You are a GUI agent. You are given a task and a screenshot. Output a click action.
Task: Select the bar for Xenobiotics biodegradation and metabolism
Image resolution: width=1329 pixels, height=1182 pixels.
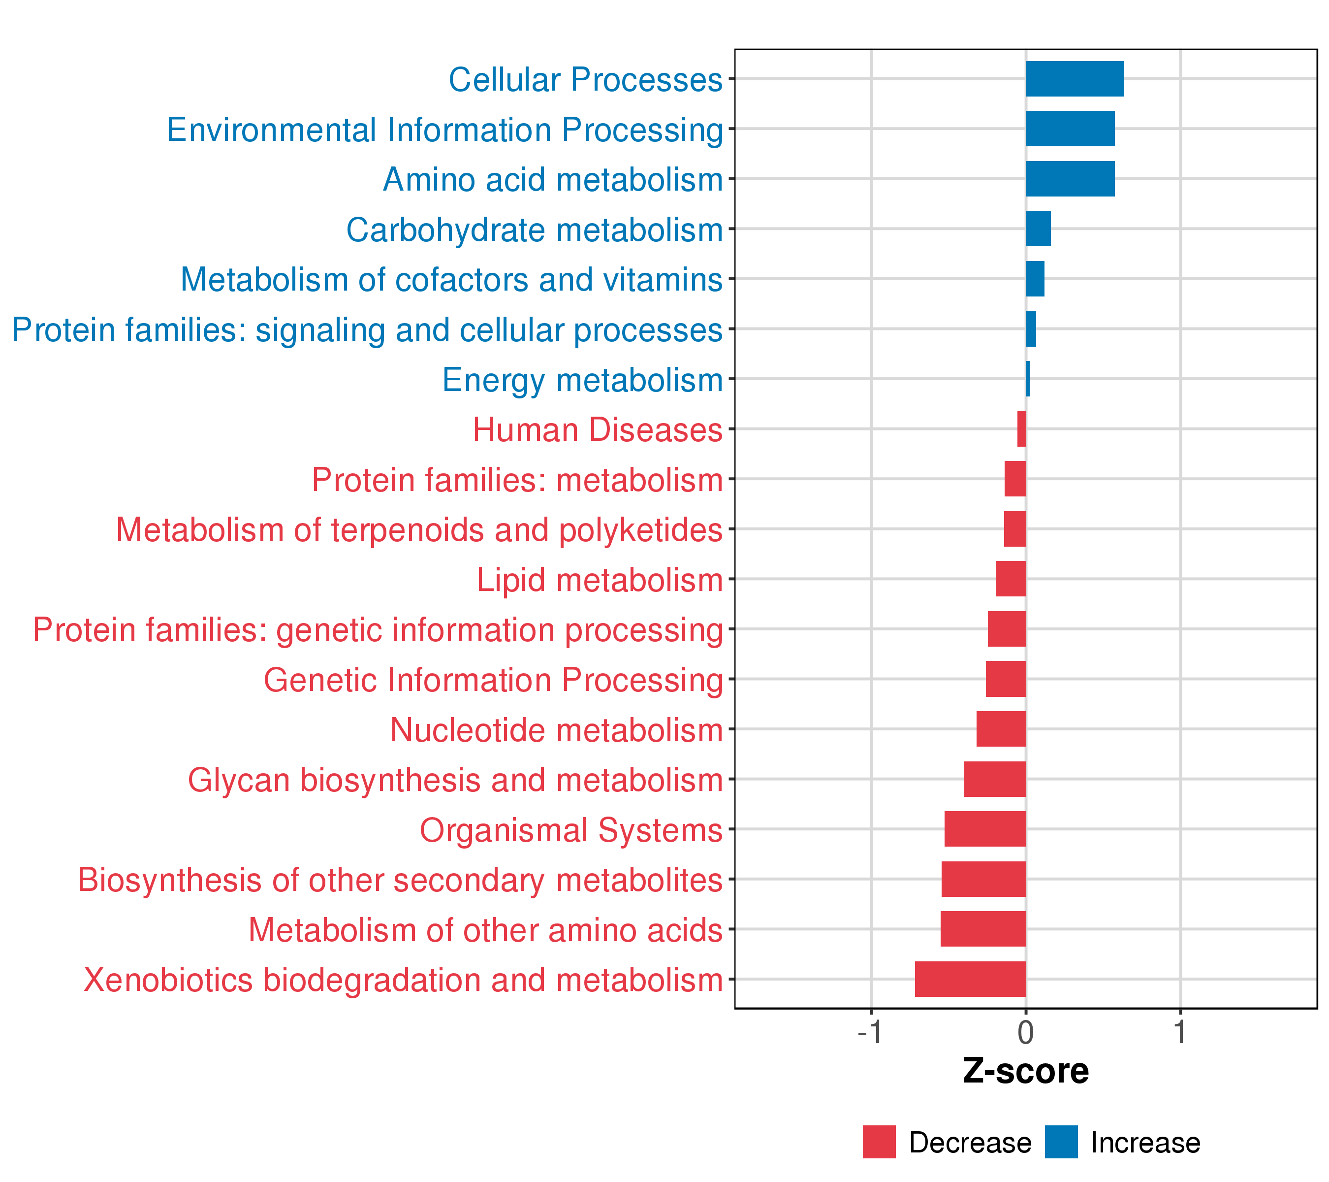[970, 979]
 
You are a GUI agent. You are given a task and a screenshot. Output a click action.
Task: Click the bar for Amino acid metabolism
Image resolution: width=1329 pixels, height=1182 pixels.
[1070, 179]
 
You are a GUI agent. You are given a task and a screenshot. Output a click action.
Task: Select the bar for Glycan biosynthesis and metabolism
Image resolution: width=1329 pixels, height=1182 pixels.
[995, 779]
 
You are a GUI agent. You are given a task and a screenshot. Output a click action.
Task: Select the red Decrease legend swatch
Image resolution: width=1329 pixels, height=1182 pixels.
[879, 1142]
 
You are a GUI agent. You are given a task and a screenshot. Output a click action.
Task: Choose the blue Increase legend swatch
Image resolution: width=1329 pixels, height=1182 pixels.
[1061, 1142]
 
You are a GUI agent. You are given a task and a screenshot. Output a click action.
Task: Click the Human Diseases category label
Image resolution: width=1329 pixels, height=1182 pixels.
[597, 430]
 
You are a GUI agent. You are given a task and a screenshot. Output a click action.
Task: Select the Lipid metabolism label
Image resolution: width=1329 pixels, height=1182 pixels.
[599, 580]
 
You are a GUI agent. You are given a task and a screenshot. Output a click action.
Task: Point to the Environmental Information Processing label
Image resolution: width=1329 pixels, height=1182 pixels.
[445, 130]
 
